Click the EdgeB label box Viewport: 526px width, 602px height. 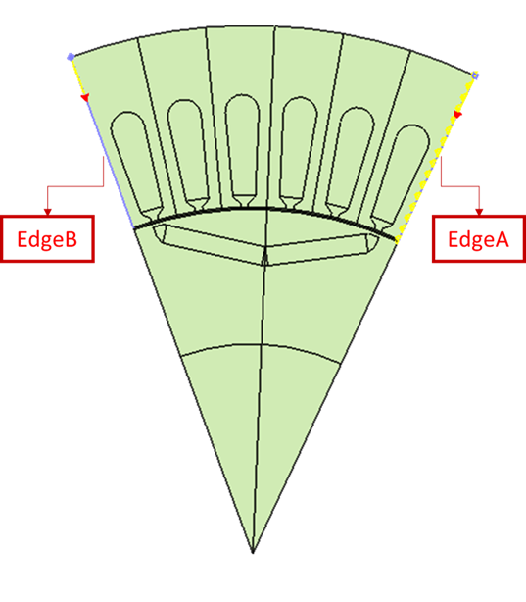pos(47,239)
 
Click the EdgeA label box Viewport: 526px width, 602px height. pos(479,239)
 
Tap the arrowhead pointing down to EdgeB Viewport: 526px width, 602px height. pos(48,212)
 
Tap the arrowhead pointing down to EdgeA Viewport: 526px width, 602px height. pos(479,212)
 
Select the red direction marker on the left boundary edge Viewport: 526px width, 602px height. pos(85,97)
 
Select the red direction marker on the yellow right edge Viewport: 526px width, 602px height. pos(457,114)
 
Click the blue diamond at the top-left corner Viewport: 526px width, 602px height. pos(71,57)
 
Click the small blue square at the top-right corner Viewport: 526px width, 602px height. pos(475,75)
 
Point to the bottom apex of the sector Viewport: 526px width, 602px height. pos(253,553)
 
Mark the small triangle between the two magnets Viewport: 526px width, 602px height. pos(265,257)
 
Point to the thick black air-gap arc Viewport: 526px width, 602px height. pos(265,209)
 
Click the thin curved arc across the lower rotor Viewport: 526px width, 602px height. pos(261,345)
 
